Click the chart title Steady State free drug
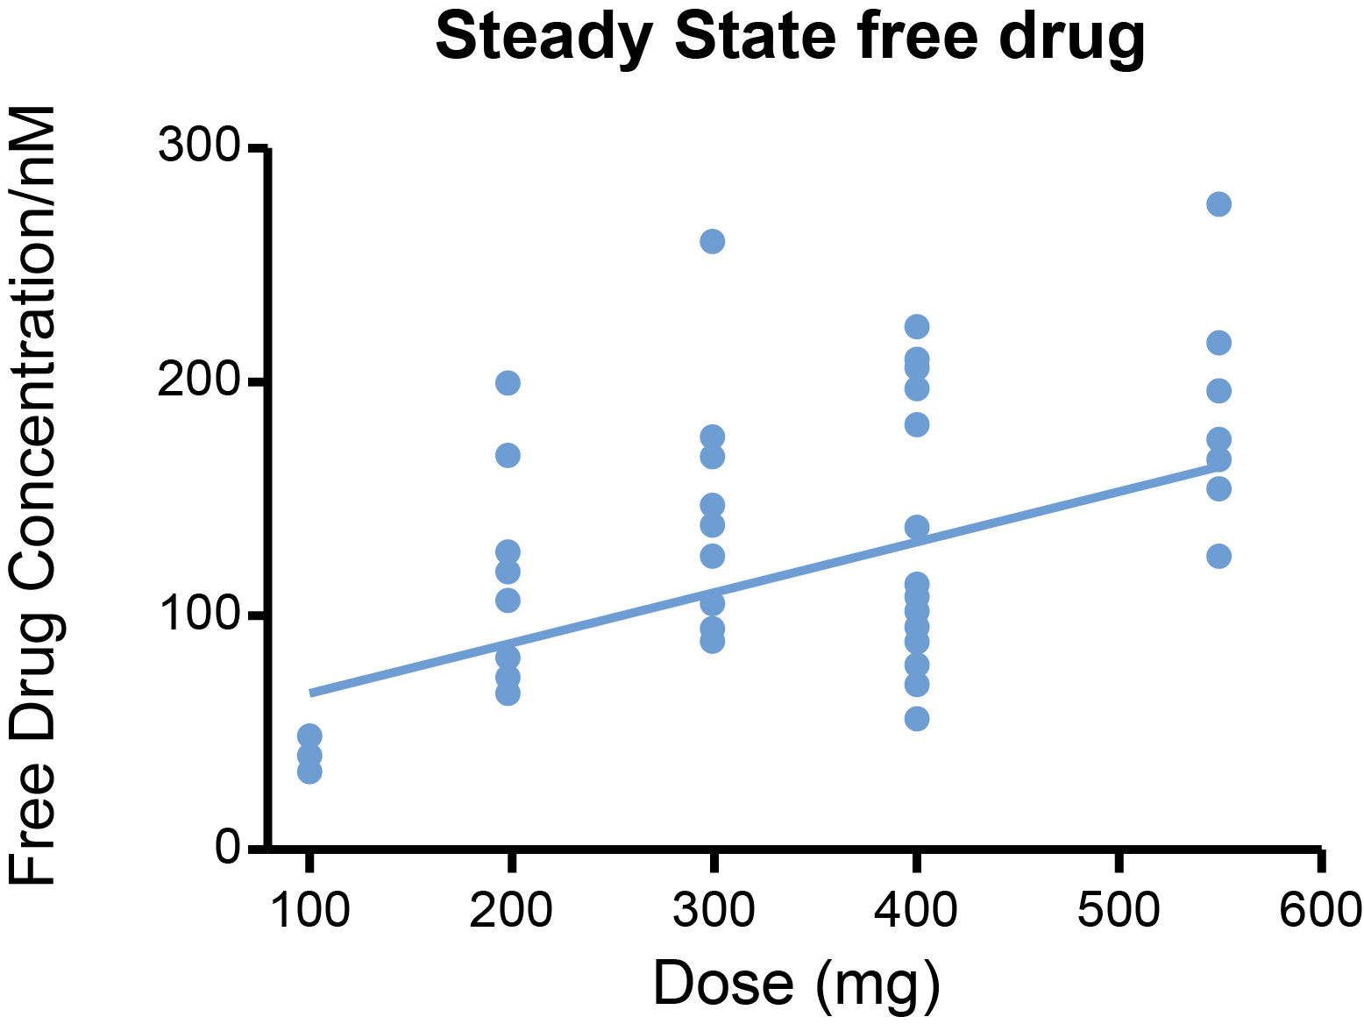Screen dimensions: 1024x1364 click(790, 37)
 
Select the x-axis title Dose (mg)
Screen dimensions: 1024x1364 click(796, 983)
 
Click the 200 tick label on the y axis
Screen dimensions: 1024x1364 click(198, 381)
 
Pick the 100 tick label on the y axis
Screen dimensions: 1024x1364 click(198, 615)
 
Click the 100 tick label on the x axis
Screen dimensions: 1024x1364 click(309, 909)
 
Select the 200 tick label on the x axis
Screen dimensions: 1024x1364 click(511, 909)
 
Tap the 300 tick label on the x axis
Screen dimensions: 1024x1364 click(714, 909)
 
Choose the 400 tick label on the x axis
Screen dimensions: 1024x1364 click(916, 909)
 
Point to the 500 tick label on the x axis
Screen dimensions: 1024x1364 click(1119, 909)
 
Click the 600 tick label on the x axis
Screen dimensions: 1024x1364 click(1320, 909)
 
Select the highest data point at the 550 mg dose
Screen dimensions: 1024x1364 click(1218, 204)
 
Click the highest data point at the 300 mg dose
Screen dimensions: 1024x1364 click(713, 241)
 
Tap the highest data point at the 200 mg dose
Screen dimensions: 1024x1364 click(508, 382)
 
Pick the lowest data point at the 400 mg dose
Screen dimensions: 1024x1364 click(916, 719)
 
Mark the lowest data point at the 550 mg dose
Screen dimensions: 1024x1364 click(1218, 556)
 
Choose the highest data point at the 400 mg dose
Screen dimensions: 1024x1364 click(916, 327)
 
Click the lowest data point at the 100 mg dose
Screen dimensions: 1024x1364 click(309, 772)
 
